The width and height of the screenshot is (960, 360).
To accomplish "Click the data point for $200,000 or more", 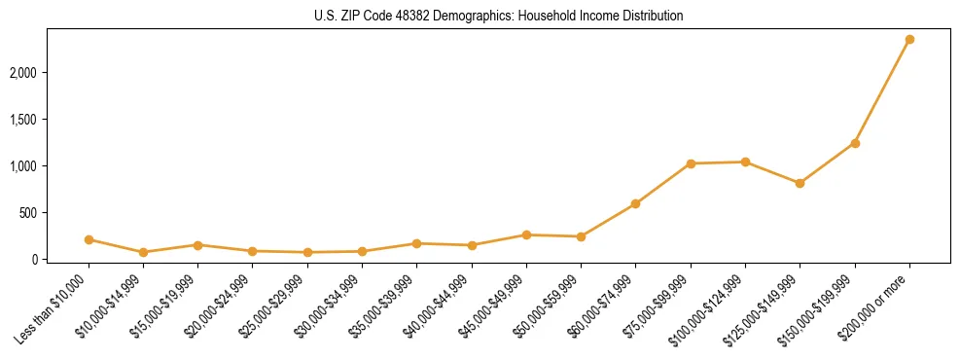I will point(909,40).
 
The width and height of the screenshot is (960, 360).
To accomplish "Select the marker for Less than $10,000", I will point(89,239).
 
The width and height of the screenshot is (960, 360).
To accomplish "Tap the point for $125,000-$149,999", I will point(800,183).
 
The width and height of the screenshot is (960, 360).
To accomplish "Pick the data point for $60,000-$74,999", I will point(635,203).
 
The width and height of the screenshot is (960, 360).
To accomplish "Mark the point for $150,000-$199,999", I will point(855,143).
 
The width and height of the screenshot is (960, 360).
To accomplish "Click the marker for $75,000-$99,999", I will point(691,163).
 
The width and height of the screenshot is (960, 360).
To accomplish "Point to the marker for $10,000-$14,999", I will point(143,252).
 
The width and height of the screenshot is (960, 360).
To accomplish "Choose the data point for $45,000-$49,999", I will point(526,234).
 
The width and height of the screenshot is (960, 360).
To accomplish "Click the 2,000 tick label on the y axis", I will point(49,73).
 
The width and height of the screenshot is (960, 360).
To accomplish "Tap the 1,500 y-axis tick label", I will point(49,120).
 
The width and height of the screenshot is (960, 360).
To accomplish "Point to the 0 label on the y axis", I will point(60,260).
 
